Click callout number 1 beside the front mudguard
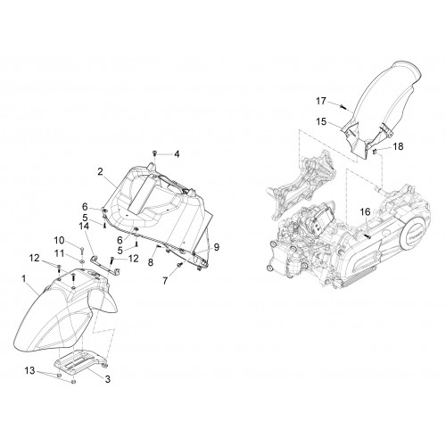(x=24, y=279)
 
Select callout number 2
(x=100, y=171)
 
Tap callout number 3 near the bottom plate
(x=107, y=379)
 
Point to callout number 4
(x=177, y=154)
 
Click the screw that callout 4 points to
(x=154, y=153)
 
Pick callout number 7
(x=165, y=280)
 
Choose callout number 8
(x=151, y=262)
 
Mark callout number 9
(x=216, y=246)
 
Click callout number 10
(x=59, y=240)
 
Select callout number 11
(x=59, y=253)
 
